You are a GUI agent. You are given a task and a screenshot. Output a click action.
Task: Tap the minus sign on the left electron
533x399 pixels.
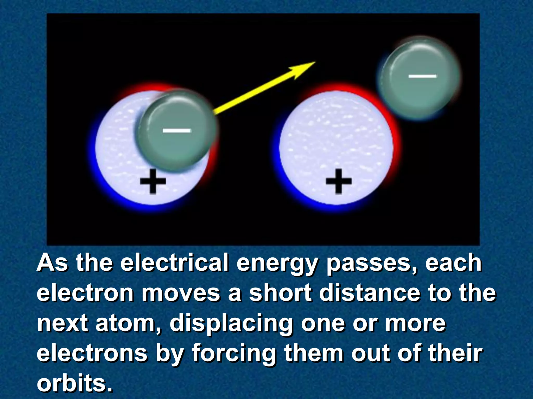177,130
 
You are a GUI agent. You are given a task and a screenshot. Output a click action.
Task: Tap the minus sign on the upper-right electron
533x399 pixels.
422,76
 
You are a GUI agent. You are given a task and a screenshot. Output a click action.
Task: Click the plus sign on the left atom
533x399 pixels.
153,181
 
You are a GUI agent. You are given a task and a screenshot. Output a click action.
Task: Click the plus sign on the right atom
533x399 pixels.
339,181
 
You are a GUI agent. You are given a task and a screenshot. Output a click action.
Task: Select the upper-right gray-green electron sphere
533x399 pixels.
418,78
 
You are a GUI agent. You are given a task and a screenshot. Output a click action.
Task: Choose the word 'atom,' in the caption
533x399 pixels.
129,323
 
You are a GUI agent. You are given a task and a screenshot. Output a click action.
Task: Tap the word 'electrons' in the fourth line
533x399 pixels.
92,353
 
